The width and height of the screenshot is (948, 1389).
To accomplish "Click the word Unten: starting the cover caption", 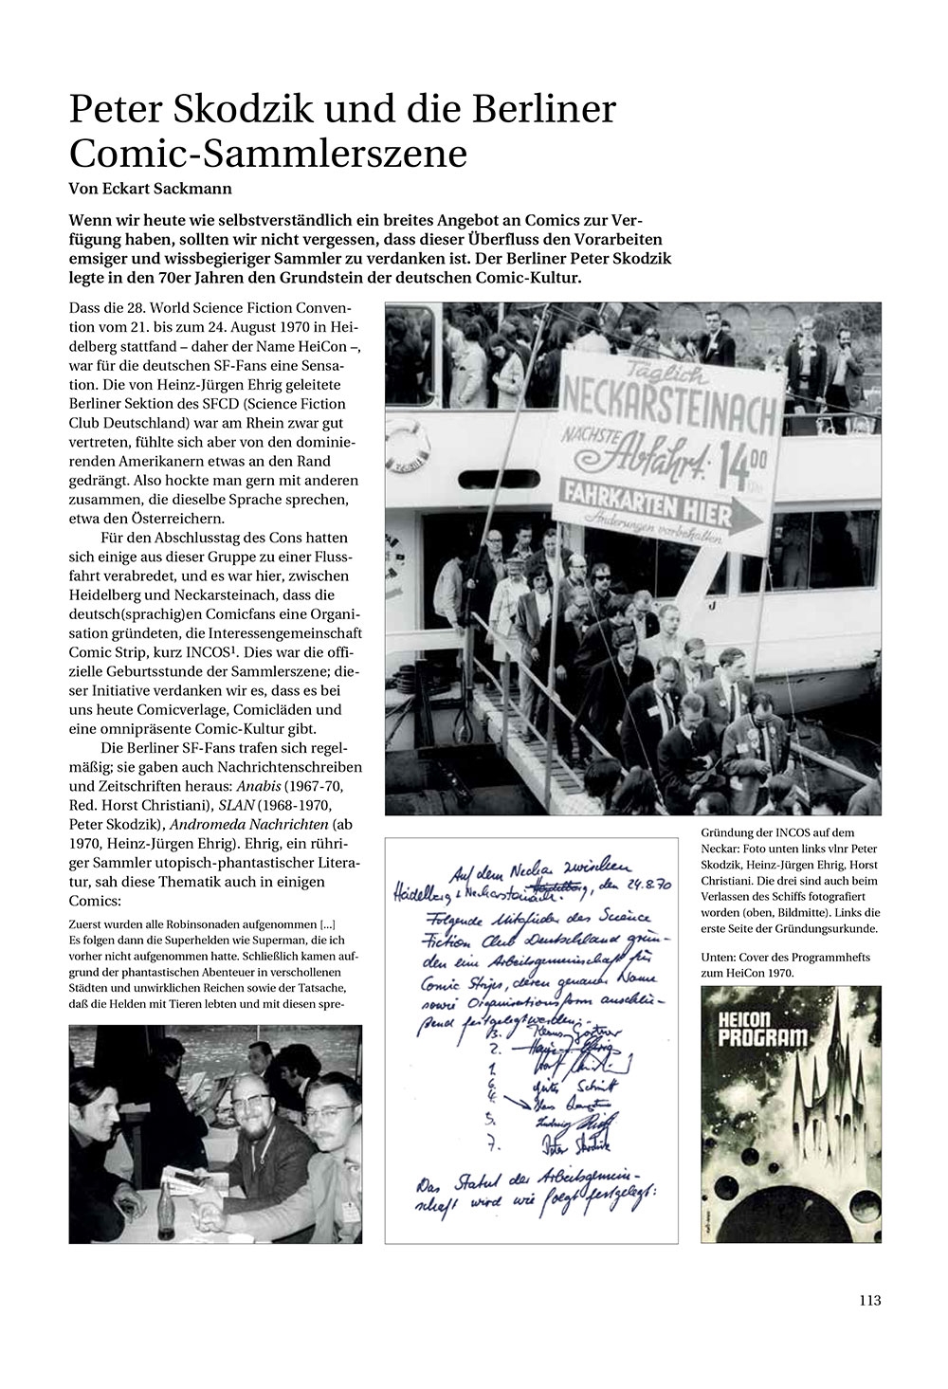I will pos(719,958).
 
